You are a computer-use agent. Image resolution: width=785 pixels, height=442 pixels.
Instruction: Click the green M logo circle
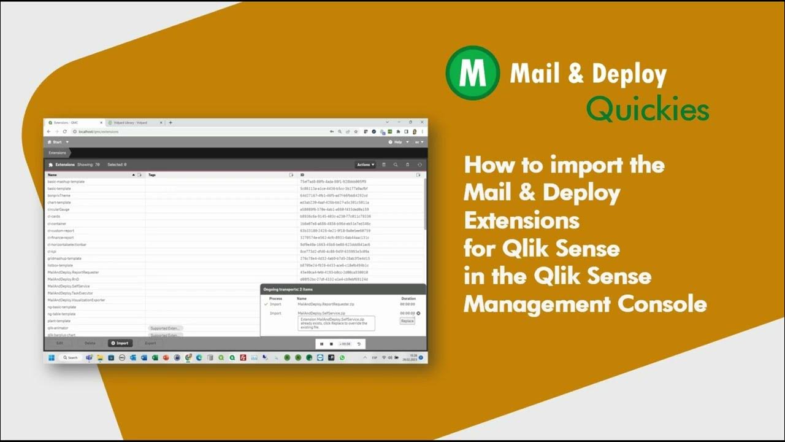pyautogui.click(x=472, y=73)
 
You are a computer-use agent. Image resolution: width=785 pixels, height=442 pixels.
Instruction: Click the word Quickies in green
pyautogui.click(x=647, y=110)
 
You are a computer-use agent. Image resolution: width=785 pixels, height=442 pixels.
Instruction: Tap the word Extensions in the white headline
pyautogui.click(x=521, y=220)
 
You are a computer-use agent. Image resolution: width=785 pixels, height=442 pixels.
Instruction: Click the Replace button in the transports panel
pyautogui.click(x=407, y=320)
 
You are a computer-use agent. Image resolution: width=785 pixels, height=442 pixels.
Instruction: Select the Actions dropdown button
pyautogui.click(x=366, y=165)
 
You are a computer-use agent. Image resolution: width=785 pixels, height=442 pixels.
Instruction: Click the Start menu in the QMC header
pyautogui.click(x=58, y=142)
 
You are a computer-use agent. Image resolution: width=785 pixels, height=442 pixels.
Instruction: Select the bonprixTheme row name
pyautogui.click(x=59, y=195)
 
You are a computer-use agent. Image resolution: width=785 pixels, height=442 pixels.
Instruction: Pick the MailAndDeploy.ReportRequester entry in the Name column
pyautogui.click(x=73, y=272)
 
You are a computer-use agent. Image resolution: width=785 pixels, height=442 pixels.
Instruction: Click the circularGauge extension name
pyautogui.click(x=58, y=209)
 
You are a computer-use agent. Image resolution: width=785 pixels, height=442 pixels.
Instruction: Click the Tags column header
pyautogui.click(x=152, y=175)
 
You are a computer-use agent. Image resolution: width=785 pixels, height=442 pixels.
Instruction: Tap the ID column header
pyautogui.click(x=302, y=175)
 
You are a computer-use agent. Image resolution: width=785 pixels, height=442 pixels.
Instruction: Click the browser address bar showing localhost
pyautogui.click(x=184, y=131)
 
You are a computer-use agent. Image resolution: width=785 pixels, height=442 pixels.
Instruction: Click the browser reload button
pyautogui.click(x=64, y=131)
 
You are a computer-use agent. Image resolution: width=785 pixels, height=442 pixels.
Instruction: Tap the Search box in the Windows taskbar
pyautogui.click(x=71, y=357)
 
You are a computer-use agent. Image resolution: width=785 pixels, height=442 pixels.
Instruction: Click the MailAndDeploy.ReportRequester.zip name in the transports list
pyautogui.click(x=326, y=304)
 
